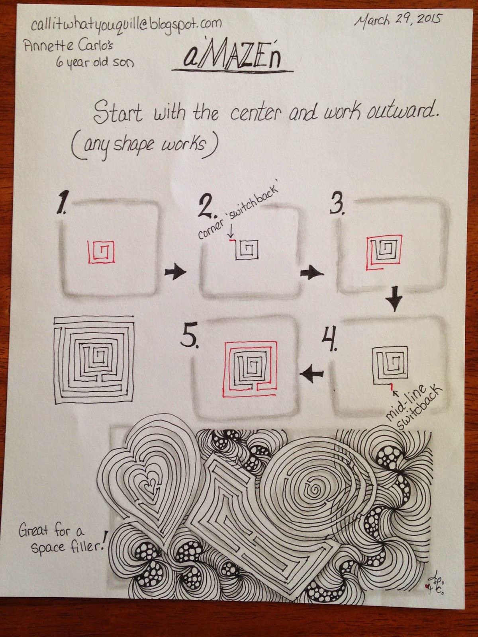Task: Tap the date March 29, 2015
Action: click(397, 21)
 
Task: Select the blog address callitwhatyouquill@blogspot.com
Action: click(126, 24)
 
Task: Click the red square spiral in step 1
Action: click(101, 252)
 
